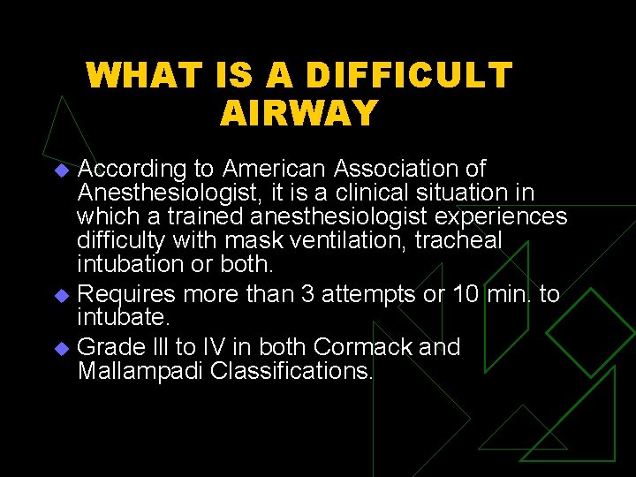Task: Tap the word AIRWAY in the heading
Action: click(299, 113)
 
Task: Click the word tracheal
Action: click(459, 241)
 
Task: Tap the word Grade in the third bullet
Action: click(106, 346)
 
